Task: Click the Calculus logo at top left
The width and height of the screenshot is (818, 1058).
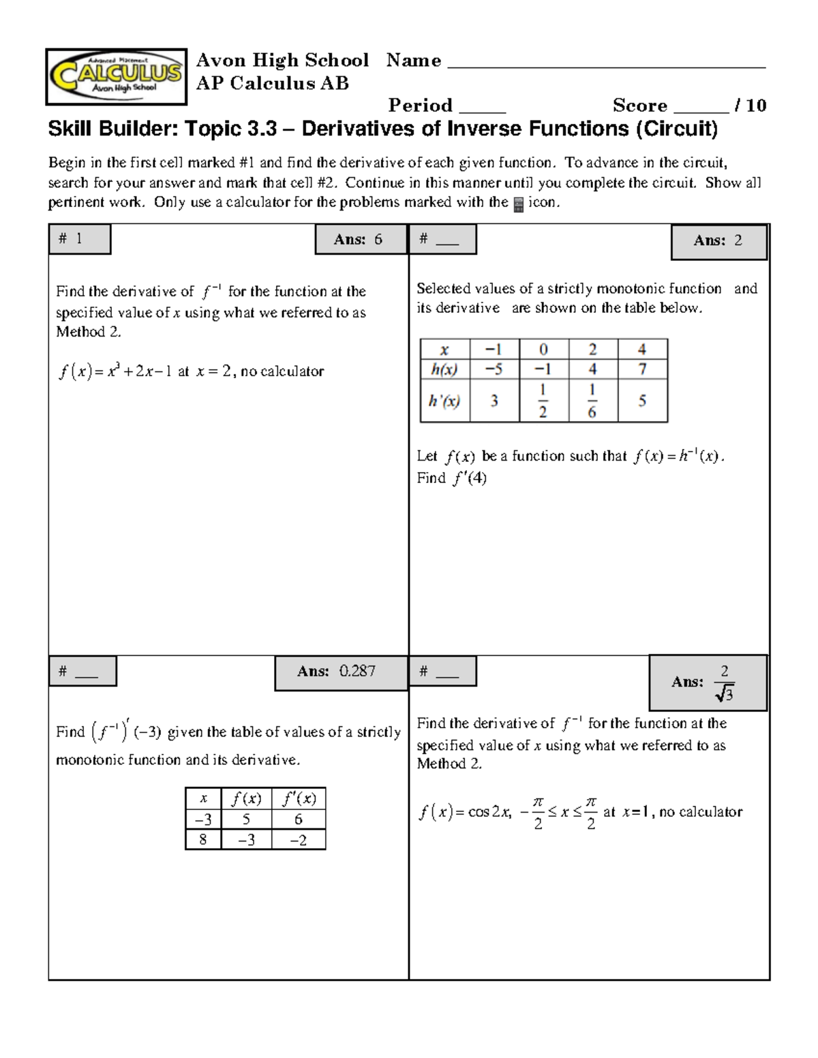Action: point(116,76)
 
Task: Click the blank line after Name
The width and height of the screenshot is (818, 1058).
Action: point(606,66)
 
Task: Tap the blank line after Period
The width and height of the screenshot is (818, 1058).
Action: point(482,110)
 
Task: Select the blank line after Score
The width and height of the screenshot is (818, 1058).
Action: point(701,110)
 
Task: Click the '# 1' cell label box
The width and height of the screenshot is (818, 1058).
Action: point(79,239)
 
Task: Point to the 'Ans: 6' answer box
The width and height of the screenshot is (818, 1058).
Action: point(360,240)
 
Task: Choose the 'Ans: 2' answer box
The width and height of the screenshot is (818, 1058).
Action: point(718,241)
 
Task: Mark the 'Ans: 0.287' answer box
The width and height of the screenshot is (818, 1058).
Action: point(340,672)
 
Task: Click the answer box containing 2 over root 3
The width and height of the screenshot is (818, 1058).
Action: point(708,683)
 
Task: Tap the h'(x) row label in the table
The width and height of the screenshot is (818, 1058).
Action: point(444,401)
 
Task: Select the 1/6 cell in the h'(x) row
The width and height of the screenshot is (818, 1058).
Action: point(592,401)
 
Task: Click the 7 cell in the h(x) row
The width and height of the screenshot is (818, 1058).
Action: point(641,369)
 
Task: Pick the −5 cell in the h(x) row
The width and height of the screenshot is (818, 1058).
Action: point(494,369)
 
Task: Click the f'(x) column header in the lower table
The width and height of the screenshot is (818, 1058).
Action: point(298,798)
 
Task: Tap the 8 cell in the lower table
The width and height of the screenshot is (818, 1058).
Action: point(202,839)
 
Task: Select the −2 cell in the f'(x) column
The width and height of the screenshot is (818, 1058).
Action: point(298,840)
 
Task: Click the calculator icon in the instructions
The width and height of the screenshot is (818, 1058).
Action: point(518,204)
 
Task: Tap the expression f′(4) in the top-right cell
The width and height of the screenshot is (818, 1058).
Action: point(470,478)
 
